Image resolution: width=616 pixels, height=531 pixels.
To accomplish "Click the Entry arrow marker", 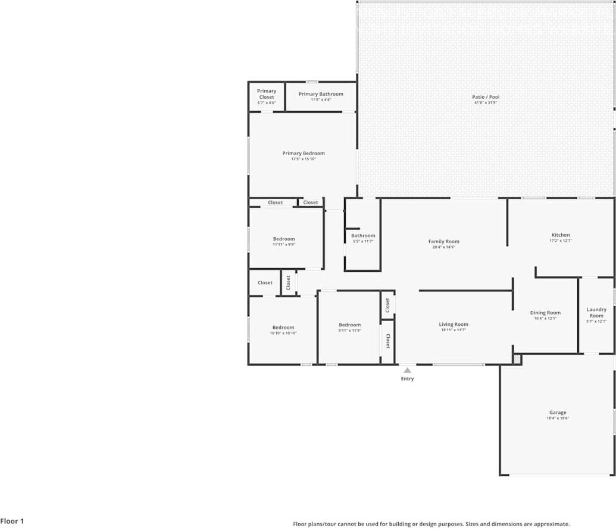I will pyautogui.click(x=407, y=370).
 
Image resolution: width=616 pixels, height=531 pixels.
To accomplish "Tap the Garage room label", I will pyautogui.click(x=558, y=412).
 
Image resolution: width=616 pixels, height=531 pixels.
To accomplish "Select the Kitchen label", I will pyautogui.click(x=560, y=235).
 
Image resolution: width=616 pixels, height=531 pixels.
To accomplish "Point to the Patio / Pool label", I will pyautogui.click(x=486, y=97).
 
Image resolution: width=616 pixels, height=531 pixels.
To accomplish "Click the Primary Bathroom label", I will pyautogui.click(x=321, y=94).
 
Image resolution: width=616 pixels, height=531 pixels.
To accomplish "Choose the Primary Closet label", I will pyautogui.click(x=267, y=94).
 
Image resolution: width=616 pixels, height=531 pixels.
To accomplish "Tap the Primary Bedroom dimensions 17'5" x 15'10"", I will pyautogui.click(x=304, y=159).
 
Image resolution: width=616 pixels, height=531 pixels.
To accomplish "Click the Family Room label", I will pyautogui.click(x=443, y=241).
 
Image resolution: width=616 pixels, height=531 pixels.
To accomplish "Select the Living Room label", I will pyautogui.click(x=454, y=324).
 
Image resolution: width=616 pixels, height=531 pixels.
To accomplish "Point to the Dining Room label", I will pyautogui.click(x=545, y=313).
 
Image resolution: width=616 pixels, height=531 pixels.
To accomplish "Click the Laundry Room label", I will pyautogui.click(x=596, y=312).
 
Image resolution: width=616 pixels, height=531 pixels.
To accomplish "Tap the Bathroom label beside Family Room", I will pyautogui.click(x=363, y=235).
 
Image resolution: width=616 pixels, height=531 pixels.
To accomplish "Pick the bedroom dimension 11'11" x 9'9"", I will pyautogui.click(x=284, y=244).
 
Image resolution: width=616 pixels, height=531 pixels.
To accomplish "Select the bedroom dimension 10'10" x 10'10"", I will pyautogui.click(x=283, y=333).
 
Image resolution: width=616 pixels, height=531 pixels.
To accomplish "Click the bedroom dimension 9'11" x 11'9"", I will pyautogui.click(x=350, y=331).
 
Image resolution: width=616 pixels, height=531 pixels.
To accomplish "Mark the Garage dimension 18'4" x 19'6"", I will pyautogui.click(x=558, y=418).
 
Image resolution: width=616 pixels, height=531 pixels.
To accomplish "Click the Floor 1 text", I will pyautogui.click(x=12, y=521).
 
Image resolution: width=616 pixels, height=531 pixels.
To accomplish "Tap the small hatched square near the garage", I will pyautogui.click(x=517, y=359).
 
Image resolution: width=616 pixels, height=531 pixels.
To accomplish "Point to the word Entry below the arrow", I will pyautogui.click(x=407, y=379).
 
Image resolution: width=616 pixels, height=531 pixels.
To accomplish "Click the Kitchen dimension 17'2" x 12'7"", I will pyautogui.click(x=560, y=241).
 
